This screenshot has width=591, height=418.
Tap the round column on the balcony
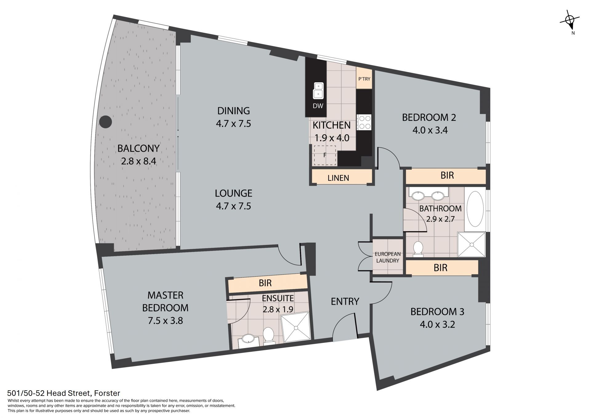coord(106,122)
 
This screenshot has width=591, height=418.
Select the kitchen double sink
coord(318,90)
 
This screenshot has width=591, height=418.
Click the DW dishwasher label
coord(318,106)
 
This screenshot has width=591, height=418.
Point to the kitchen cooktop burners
coord(364,122)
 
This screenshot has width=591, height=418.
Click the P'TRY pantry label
coord(364,79)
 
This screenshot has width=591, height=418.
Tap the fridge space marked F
coord(325,156)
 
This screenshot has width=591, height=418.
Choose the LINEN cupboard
coord(339,178)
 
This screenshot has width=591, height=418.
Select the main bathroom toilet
coord(418,249)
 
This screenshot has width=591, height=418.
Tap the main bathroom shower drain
coord(471,244)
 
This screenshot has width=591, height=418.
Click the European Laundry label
coord(388,257)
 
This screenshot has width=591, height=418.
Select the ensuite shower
coord(296,327)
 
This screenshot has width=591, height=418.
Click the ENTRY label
coord(345,301)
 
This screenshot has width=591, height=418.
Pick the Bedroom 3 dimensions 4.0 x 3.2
coord(437,324)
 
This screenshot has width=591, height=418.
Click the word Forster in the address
coord(107,393)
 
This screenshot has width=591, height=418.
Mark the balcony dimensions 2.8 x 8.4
coord(139,161)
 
